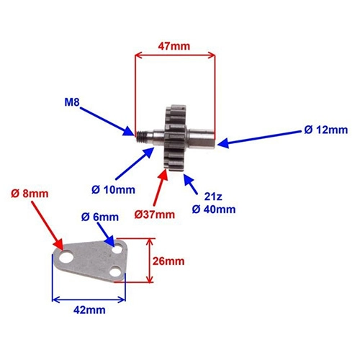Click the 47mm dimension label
[x=174, y=46]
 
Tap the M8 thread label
[x=72, y=102]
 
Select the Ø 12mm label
[x=326, y=130]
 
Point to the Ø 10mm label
[x=113, y=190]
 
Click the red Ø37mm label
[x=155, y=215]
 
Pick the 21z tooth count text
[x=213, y=197]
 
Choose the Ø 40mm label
[x=214, y=210]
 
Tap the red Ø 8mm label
[x=30, y=194]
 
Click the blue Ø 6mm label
[x=100, y=217]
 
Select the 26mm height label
[x=168, y=261]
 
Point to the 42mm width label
[x=89, y=310]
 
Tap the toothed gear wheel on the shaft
[x=175, y=138]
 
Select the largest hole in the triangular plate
[x=66, y=257]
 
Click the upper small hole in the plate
[x=118, y=248]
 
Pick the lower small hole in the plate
[x=115, y=271]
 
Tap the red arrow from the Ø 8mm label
[x=48, y=225]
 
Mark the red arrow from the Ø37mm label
[x=161, y=187]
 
